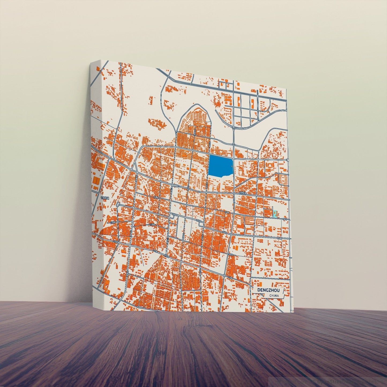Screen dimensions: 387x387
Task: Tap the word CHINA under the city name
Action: pos(274,295)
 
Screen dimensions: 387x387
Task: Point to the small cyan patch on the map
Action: pos(275,214)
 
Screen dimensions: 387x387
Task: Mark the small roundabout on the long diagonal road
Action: pos(224,275)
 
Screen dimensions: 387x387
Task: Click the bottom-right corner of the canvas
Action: pos(294,312)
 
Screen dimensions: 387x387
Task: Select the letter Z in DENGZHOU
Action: pos(269,290)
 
